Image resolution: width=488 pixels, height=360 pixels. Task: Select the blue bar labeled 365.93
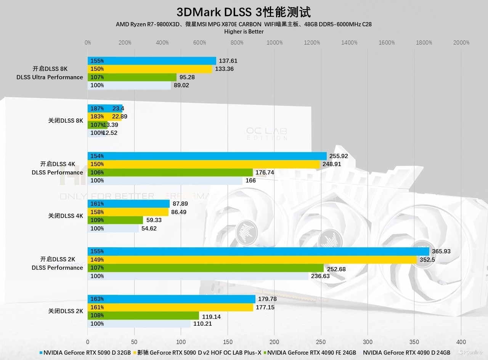[x=258, y=251]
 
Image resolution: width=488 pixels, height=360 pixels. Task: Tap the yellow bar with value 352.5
[x=252, y=260]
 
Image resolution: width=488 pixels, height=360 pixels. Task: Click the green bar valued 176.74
[x=170, y=173]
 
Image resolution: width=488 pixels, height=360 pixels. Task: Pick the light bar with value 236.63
[x=198, y=276]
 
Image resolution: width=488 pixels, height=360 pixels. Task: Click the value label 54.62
[x=149, y=229]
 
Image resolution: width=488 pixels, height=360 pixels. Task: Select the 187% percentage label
[x=97, y=109]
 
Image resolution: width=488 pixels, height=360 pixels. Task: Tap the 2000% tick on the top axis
[x=461, y=43]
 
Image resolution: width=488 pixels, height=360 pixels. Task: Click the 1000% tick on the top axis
[x=274, y=43]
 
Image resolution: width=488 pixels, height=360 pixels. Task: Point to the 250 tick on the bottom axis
[x=321, y=342]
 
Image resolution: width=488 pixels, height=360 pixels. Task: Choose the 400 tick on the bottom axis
[x=461, y=342]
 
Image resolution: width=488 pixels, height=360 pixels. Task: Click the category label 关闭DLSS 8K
[x=65, y=121]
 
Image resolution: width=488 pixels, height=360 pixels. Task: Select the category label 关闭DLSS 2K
[x=65, y=311]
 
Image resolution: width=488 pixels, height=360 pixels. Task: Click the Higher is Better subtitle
[x=244, y=32]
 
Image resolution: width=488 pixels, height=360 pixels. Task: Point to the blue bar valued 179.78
[x=171, y=299]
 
